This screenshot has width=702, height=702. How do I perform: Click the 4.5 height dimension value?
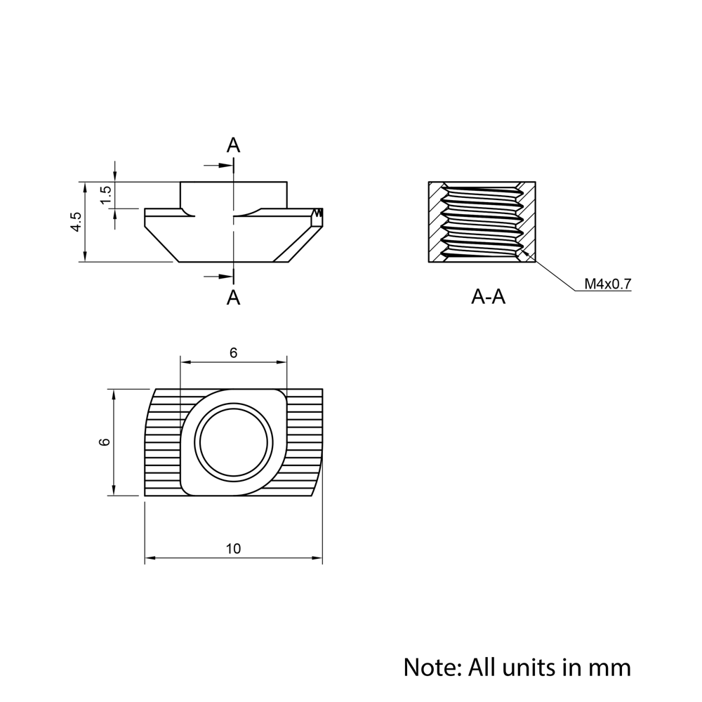coord(76,222)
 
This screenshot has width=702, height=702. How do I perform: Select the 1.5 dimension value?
coord(105,195)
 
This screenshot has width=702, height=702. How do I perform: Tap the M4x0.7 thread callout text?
coord(608,284)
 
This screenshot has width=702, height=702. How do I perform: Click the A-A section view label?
coord(489,298)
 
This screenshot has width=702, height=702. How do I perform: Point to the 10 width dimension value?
coord(233,549)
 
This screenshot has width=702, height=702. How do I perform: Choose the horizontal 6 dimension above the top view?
coord(233,353)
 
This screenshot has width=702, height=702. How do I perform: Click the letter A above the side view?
coord(233,145)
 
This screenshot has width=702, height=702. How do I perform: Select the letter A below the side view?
coord(233,298)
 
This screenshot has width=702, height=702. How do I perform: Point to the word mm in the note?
coord(610,666)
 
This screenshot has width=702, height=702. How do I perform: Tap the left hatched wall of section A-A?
coord(437,223)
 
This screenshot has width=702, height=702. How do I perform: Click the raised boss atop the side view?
coord(233,194)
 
